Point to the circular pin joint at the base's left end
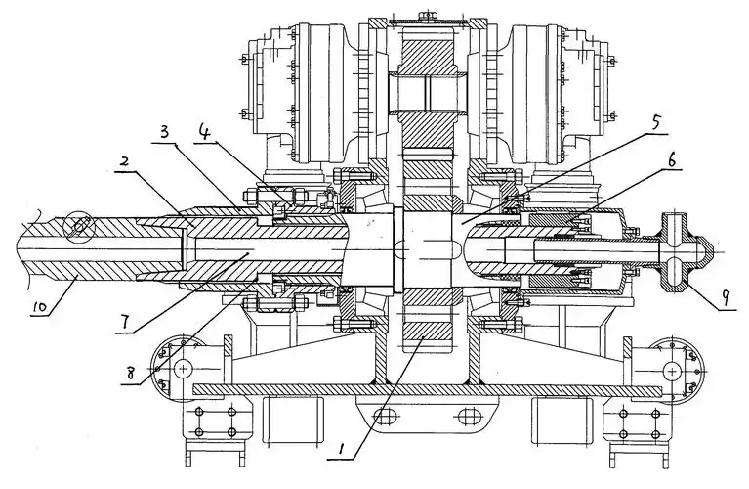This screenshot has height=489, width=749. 181,369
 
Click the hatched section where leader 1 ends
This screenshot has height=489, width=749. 420,343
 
